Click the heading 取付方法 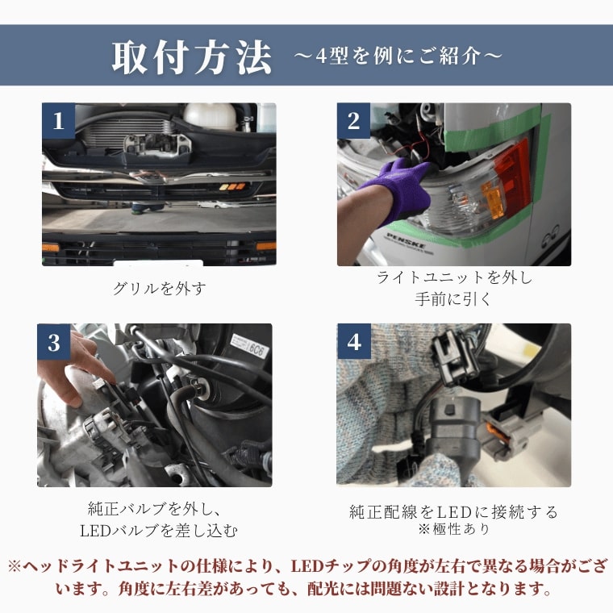192,58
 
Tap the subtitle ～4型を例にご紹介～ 398,56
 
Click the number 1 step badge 58,120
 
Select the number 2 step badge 353,120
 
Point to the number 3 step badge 54,342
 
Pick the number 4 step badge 354,341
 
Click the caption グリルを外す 159,289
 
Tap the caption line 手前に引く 453,299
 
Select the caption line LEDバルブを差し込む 159,531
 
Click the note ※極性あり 453,529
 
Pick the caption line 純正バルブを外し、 155,509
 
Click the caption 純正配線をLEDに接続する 453,511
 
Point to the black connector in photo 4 454,357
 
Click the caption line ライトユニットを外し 454,277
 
